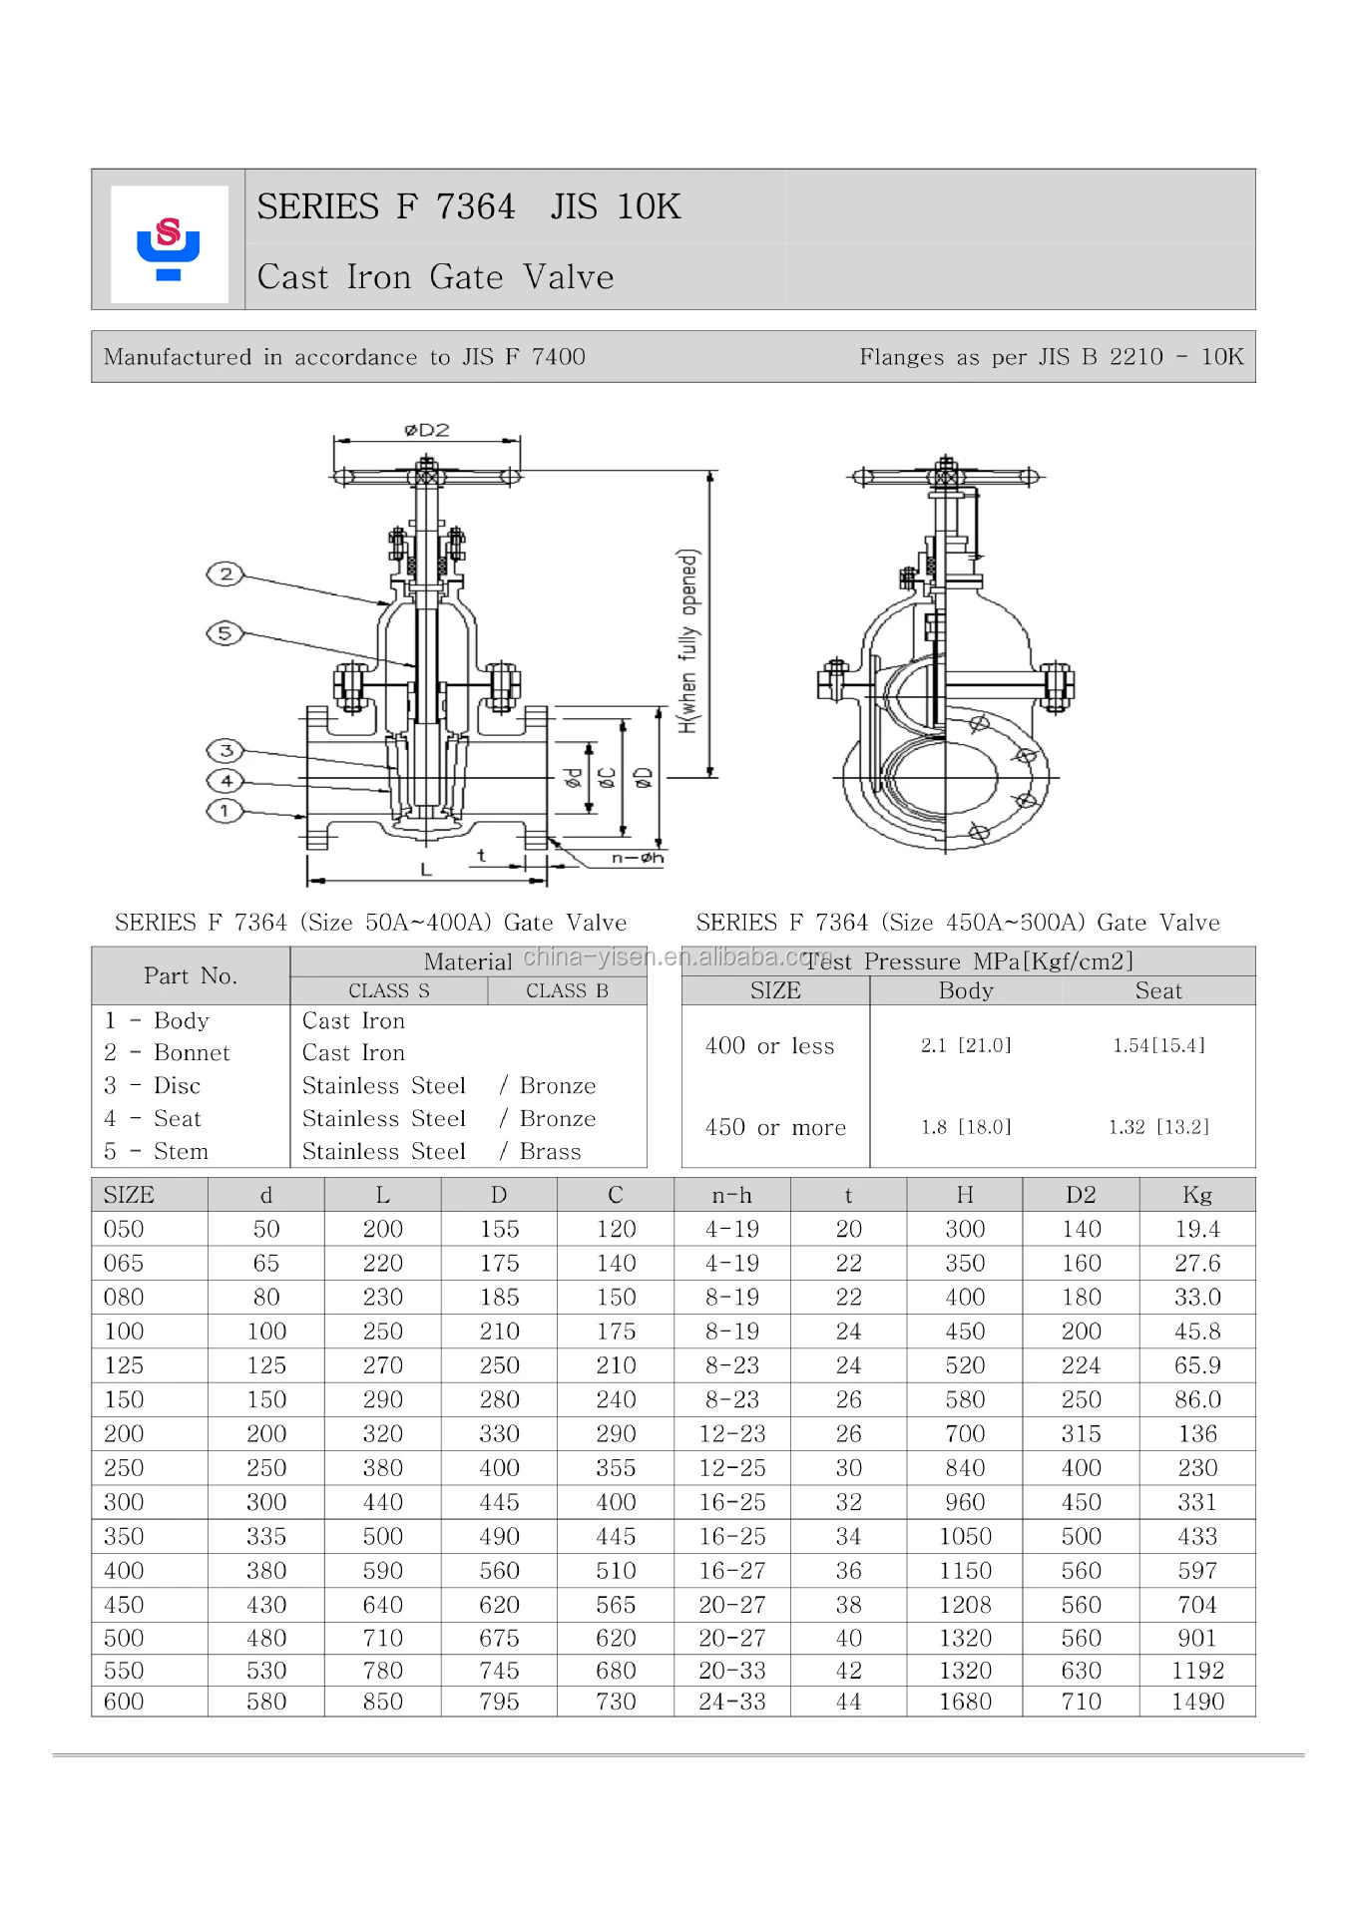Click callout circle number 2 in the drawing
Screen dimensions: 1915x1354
pos(226,574)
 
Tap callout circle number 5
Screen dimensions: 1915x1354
pos(225,633)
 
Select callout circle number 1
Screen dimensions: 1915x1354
pos(225,811)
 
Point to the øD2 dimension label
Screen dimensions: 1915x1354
pos(427,430)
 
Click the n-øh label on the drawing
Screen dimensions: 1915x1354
pos(638,858)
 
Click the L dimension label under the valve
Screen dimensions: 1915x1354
pos(426,870)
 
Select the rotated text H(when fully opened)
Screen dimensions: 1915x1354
pos(688,640)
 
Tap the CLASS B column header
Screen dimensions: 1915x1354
pos(567,990)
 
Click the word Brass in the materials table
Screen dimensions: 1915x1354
pos(550,1151)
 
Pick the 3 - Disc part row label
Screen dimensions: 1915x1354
pos(153,1085)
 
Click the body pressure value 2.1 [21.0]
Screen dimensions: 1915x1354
pos(965,1045)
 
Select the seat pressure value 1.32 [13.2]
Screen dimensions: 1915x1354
pos(1157,1127)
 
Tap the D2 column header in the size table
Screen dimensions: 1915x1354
pos(1081,1195)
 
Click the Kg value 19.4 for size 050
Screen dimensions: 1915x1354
pos(1196,1229)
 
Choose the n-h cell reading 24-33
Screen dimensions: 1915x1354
pos(731,1702)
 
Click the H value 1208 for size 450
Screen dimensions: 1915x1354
pos(965,1605)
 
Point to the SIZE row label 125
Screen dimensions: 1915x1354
pos(124,1365)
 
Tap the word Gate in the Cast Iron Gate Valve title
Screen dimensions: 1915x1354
pos(466,277)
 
